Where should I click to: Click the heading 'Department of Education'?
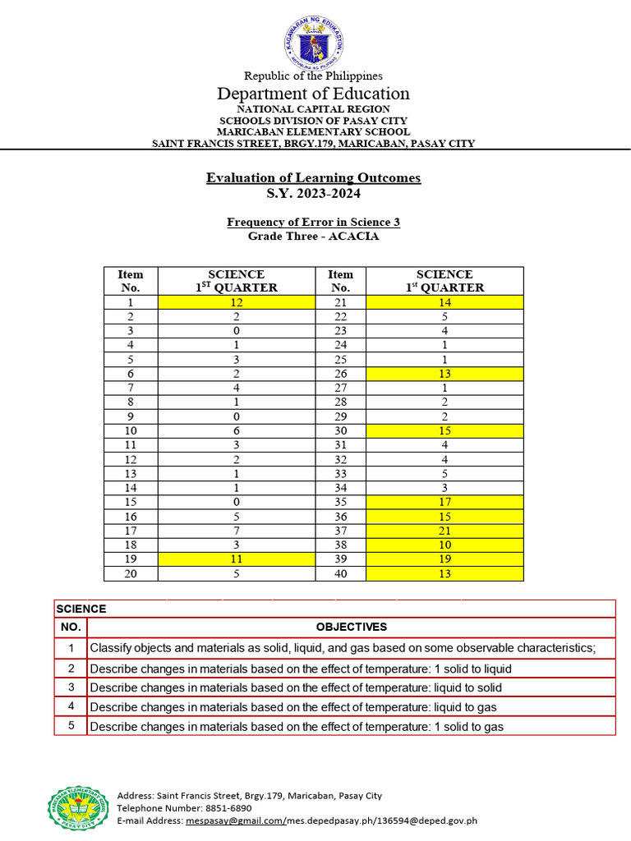point(313,94)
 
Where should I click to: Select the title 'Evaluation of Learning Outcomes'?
point(313,178)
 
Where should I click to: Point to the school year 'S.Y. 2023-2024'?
point(313,194)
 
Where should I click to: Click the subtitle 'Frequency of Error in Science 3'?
point(313,223)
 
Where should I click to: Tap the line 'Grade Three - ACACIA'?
point(313,236)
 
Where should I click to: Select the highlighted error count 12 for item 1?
point(236,302)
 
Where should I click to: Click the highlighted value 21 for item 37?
point(444,531)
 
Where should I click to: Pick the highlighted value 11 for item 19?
point(236,558)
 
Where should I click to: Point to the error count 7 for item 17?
point(236,531)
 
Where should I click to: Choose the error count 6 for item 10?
point(236,431)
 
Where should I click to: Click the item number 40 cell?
point(340,573)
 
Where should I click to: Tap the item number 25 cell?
point(340,360)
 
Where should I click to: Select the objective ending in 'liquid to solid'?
point(296,687)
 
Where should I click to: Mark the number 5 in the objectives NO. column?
point(71,726)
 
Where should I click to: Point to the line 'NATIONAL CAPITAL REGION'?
point(313,109)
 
